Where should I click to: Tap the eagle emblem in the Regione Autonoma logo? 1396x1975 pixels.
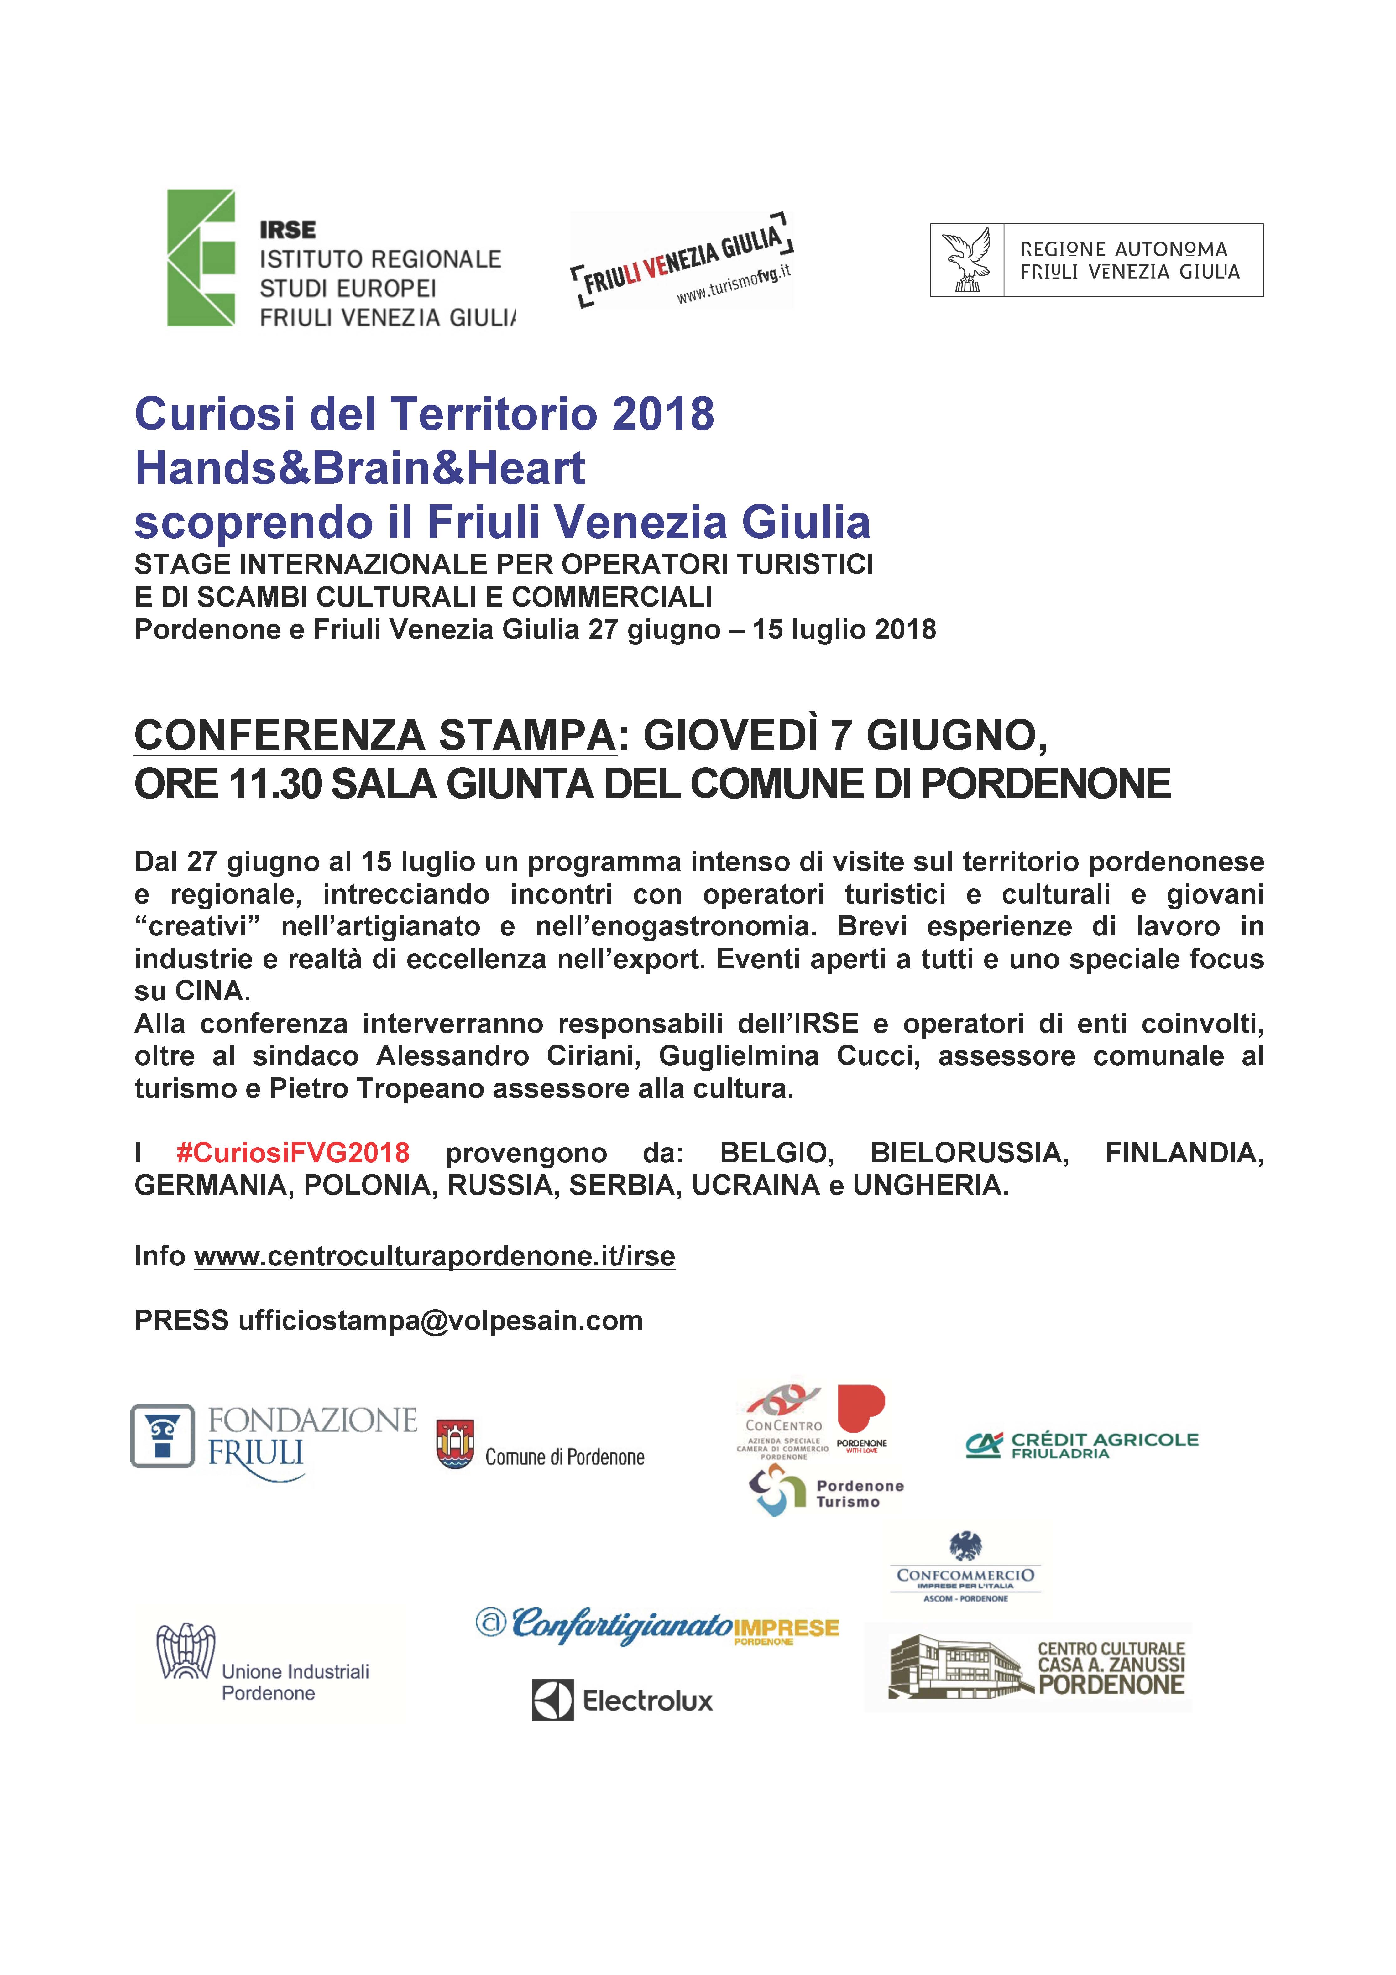967,260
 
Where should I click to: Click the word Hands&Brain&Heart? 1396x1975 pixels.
359,469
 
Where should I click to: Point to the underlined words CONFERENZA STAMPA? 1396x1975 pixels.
375,736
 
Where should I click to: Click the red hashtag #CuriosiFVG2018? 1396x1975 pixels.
292,1153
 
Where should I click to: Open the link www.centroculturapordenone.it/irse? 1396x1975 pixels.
434,1257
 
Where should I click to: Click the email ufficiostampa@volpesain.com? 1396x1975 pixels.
440,1321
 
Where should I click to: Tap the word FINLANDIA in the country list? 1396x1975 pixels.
1184,1153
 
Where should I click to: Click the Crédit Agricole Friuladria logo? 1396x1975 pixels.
1082,1446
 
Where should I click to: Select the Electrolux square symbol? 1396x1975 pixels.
552,1701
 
